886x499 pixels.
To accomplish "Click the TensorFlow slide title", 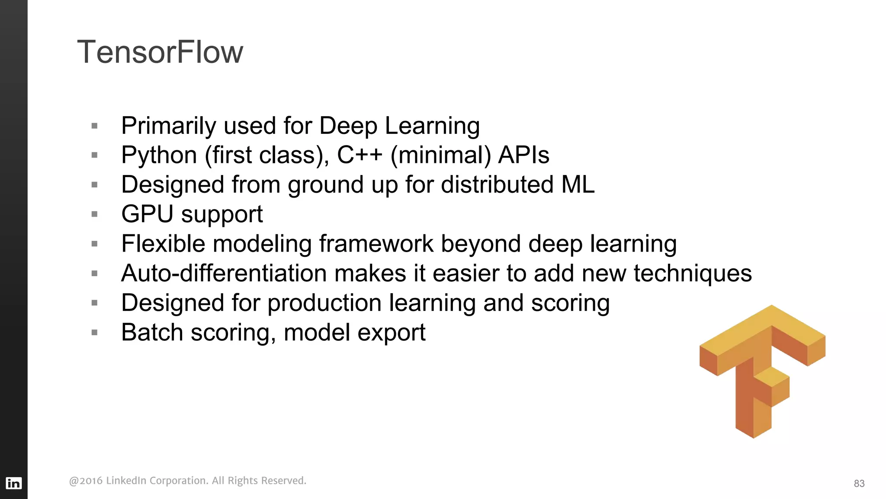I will point(160,52).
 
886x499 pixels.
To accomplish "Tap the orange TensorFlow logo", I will point(761,368).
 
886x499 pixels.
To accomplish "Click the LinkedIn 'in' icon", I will point(13,483).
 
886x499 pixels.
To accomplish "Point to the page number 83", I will point(859,483).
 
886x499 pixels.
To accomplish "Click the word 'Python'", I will point(159,156).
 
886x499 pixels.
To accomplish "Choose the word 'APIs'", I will point(523,155).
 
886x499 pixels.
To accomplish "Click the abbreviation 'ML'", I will point(578,185).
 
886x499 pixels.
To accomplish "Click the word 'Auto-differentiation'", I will point(224,273).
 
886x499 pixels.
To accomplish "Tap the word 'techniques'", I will point(693,274).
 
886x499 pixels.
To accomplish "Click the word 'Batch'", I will point(152,333).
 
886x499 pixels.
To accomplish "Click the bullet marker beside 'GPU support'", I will point(95,214).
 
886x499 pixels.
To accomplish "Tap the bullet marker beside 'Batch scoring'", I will point(95,333).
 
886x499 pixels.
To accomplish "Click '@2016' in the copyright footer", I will point(86,481).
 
